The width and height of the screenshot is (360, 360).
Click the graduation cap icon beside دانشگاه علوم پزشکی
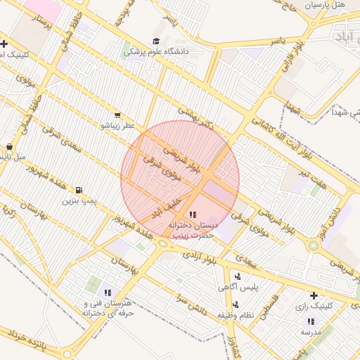click(155, 41)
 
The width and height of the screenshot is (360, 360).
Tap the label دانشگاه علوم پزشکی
click(154, 51)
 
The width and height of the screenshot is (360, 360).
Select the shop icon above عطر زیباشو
click(117, 115)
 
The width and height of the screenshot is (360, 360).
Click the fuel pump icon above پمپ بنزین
click(78, 190)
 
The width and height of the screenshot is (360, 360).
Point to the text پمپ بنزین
click(79, 201)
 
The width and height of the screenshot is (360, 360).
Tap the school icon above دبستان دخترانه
click(193, 214)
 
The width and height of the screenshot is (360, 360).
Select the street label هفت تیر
click(311, 182)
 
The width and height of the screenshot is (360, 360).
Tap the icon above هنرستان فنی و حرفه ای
click(108, 292)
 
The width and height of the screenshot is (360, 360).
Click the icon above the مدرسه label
click(311, 321)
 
